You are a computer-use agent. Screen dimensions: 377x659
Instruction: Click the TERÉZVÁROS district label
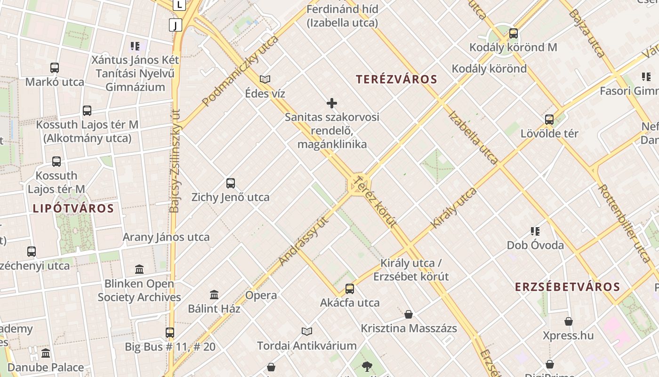click(396, 79)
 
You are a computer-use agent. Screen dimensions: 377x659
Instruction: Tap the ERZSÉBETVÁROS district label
click(567, 287)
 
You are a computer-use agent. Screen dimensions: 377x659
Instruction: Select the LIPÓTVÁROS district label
click(73, 208)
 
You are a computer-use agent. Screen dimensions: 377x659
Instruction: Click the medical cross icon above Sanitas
click(332, 103)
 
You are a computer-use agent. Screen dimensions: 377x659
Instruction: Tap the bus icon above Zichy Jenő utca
click(231, 183)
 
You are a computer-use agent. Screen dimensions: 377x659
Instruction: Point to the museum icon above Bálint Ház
click(214, 295)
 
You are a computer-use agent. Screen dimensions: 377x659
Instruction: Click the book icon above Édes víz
click(265, 79)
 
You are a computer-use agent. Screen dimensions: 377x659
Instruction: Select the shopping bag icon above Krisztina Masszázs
click(409, 314)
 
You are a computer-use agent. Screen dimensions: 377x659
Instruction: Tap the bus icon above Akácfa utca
click(350, 289)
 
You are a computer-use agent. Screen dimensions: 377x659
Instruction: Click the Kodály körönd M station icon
click(513, 33)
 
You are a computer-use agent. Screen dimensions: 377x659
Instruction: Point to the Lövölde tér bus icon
click(549, 120)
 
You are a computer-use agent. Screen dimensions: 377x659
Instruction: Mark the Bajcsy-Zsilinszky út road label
click(175, 161)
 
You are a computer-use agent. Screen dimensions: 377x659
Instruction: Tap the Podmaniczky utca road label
click(240, 71)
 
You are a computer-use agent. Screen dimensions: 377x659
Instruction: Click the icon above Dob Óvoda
click(535, 231)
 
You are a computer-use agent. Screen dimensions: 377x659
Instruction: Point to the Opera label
click(261, 295)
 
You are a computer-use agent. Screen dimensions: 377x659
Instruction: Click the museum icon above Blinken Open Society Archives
click(139, 270)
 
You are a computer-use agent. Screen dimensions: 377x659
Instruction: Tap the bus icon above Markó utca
click(55, 68)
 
